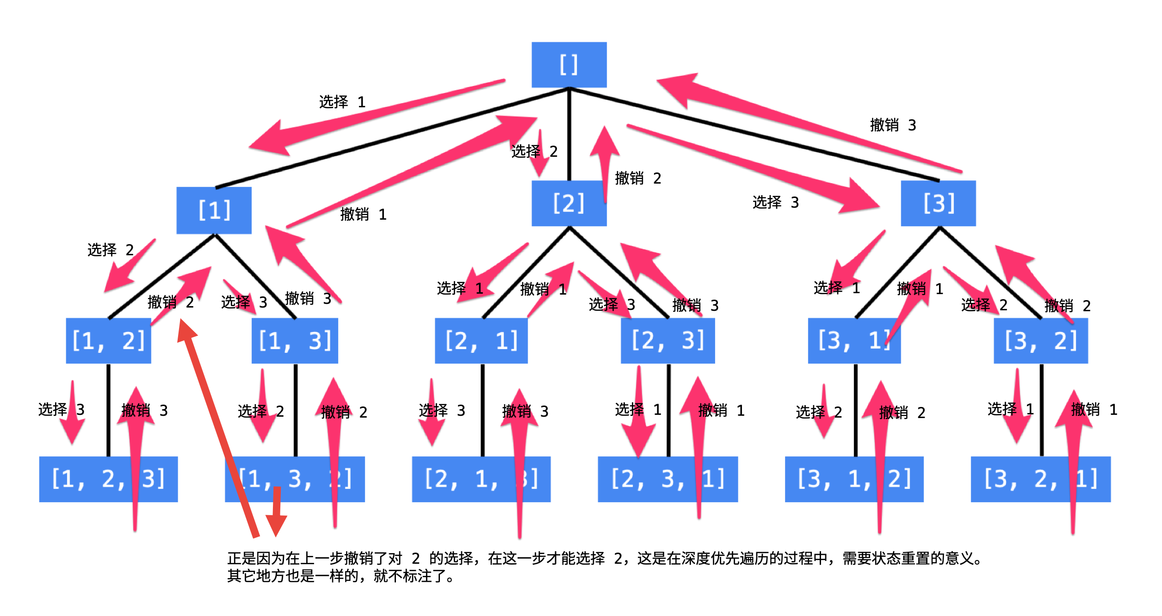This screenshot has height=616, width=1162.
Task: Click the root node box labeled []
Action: [x=569, y=65]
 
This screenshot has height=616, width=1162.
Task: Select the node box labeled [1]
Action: [x=214, y=210]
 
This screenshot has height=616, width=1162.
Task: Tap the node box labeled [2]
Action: [x=569, y=203]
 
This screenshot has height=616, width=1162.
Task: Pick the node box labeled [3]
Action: [x=938, y=203]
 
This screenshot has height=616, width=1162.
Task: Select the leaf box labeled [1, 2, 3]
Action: [x=108, y=479]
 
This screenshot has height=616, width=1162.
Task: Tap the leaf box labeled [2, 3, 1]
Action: [x=668, y=479]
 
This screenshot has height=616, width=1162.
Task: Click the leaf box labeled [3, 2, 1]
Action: [x=1040, y=479]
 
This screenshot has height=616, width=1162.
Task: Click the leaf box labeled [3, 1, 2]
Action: [x=854, y=479]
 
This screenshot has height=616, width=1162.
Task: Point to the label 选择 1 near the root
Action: [x=342, y=102]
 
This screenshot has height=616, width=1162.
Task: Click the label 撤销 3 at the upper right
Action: [x=893, y=125]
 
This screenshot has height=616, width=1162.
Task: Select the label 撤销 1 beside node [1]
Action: [x=363, y=214]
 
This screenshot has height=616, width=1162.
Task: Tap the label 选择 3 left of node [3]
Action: [x=776, y=202]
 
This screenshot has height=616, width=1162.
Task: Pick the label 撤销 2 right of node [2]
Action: [x=638, y=178]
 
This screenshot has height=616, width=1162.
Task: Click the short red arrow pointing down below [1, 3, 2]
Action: [x=277, y=513]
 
